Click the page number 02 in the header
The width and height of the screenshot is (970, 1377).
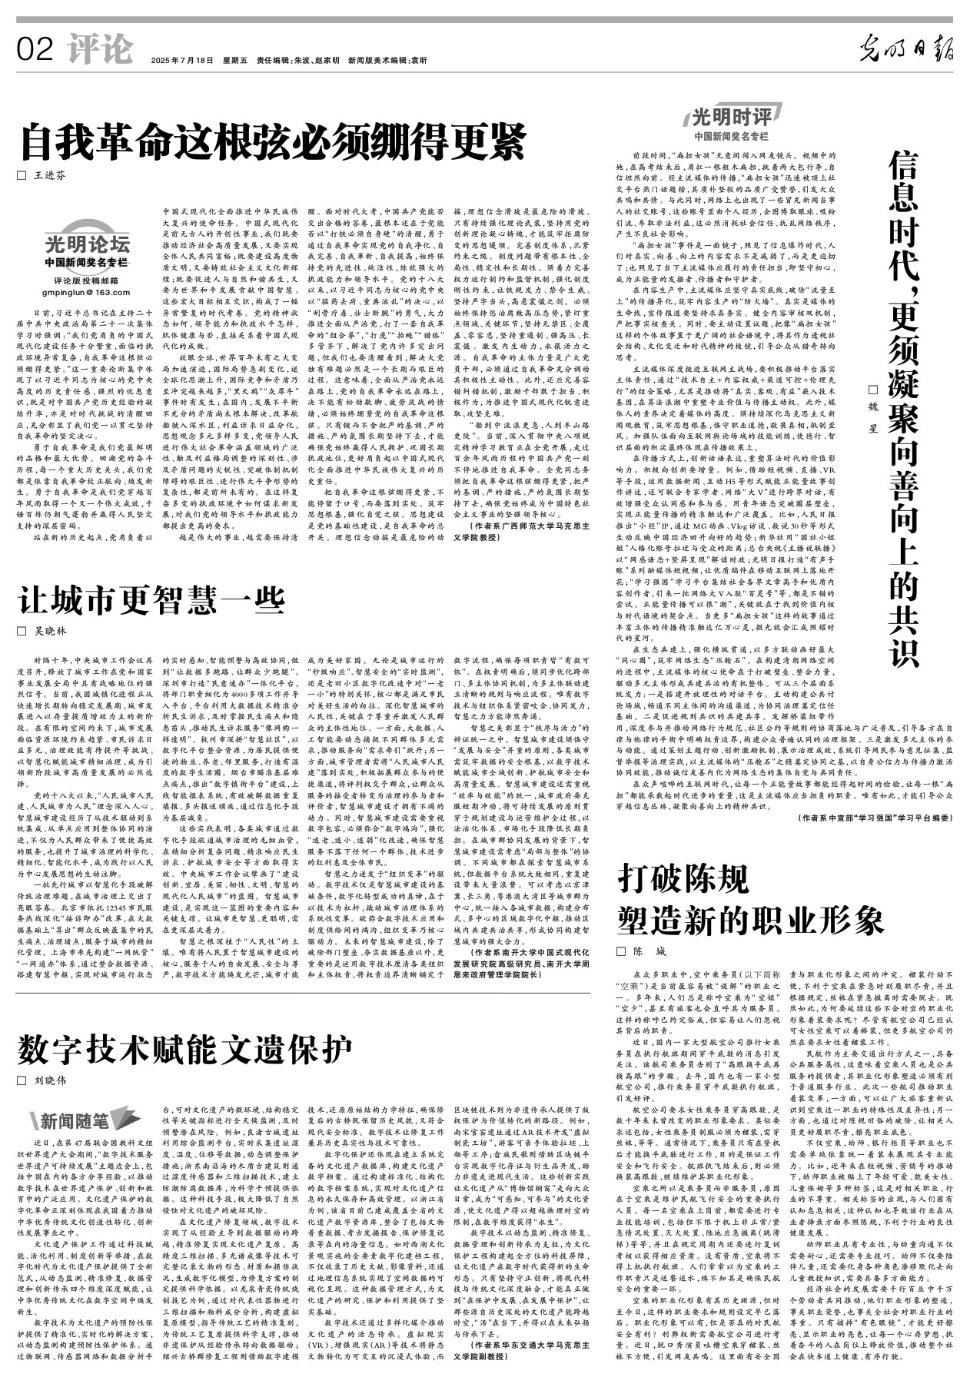tap(36, 50)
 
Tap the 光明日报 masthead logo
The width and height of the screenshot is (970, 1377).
tap(906, 50)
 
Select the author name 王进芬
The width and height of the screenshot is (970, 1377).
tap(50, 175)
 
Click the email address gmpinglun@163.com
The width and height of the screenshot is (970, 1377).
tap(86, 293)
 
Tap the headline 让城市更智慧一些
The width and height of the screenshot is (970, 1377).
tap(151, 599)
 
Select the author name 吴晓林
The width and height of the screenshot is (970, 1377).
tap(51, 631)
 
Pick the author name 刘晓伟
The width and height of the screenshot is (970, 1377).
tap(51, 1080)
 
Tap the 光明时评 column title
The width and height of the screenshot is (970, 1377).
tap(732, 117)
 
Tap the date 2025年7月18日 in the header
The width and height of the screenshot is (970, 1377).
tap(181, 60)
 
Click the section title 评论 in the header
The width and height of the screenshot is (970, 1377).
tap(99, 50)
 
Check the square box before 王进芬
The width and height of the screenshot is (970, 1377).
tap(22, 175)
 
